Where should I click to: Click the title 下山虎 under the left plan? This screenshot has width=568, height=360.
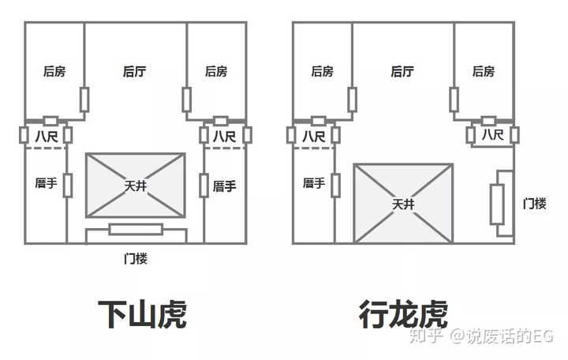tap(142, 314)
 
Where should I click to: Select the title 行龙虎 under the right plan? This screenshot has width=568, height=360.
tap(403, 314)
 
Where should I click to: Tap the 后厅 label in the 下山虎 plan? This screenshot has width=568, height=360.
tap(134, 71)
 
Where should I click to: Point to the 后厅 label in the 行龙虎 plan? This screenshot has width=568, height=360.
tap(402, 71)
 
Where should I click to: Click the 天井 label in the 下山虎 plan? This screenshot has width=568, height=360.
tap(136, 186)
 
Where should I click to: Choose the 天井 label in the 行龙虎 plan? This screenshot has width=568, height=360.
tap(403, 204)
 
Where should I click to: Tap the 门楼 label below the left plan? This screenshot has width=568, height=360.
tap(136, 258)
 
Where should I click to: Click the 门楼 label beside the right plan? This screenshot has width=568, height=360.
tap(534, 204)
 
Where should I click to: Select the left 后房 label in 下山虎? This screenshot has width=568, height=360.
tap(54, 71)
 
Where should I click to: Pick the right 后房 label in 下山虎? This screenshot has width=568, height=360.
tap(216, 71)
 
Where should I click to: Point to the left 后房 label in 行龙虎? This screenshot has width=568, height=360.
tap(323, 71)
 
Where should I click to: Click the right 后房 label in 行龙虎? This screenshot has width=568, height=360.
tap(484, 71)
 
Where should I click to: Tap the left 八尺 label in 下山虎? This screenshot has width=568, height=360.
tap(47, 137)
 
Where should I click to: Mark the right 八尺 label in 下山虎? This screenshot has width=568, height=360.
tap(224, 137)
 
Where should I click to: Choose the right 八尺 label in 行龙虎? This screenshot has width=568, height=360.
tap(492, 135)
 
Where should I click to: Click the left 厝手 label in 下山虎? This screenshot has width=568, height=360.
tap(46, 182)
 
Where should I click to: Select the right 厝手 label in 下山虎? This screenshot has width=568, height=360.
tap(224, 186)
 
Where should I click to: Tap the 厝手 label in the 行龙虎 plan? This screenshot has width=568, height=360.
tap(314, 182)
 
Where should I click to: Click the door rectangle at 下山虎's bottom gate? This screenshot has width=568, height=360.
tap(136, 229)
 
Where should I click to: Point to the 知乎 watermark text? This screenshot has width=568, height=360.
tap(426, 336)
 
